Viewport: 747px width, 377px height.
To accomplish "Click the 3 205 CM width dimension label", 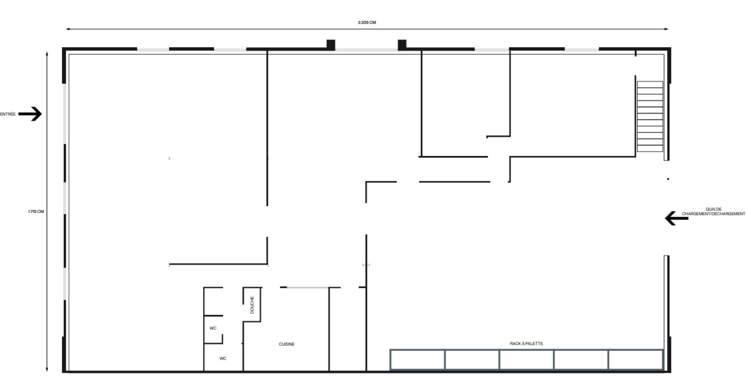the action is coord(367,22).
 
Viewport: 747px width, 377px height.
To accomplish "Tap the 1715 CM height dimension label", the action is coord(35,212).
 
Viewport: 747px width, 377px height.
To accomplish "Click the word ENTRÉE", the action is coord(7,114).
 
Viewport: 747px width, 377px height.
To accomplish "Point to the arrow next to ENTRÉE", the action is coord(30,114).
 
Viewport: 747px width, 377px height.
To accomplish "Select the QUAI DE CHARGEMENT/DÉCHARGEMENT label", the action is coord(713,212).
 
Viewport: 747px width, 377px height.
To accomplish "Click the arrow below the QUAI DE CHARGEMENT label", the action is coord(677,219).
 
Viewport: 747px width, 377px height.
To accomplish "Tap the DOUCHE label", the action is coord(252,305).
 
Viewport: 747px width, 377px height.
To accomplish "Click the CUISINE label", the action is coord(287,344).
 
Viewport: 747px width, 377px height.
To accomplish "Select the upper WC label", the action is coord(213,328).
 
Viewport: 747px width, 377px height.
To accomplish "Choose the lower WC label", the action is coord(223,358).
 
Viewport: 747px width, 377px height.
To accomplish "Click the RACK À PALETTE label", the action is coord(527,343).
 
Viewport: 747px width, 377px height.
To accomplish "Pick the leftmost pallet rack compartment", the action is coord(417,359).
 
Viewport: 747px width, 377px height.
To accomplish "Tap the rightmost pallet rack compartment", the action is coord(636,359).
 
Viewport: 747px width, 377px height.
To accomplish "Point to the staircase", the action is coord(650,116).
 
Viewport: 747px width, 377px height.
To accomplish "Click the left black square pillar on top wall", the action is coord(331,45).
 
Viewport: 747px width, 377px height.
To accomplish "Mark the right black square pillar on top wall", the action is coord(402,45).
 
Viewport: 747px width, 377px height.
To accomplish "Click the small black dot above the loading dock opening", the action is coord(668,179).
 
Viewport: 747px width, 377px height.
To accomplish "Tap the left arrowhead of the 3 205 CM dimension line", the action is coord(68,29).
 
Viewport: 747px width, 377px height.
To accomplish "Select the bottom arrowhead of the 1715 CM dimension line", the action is coord(47,370).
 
